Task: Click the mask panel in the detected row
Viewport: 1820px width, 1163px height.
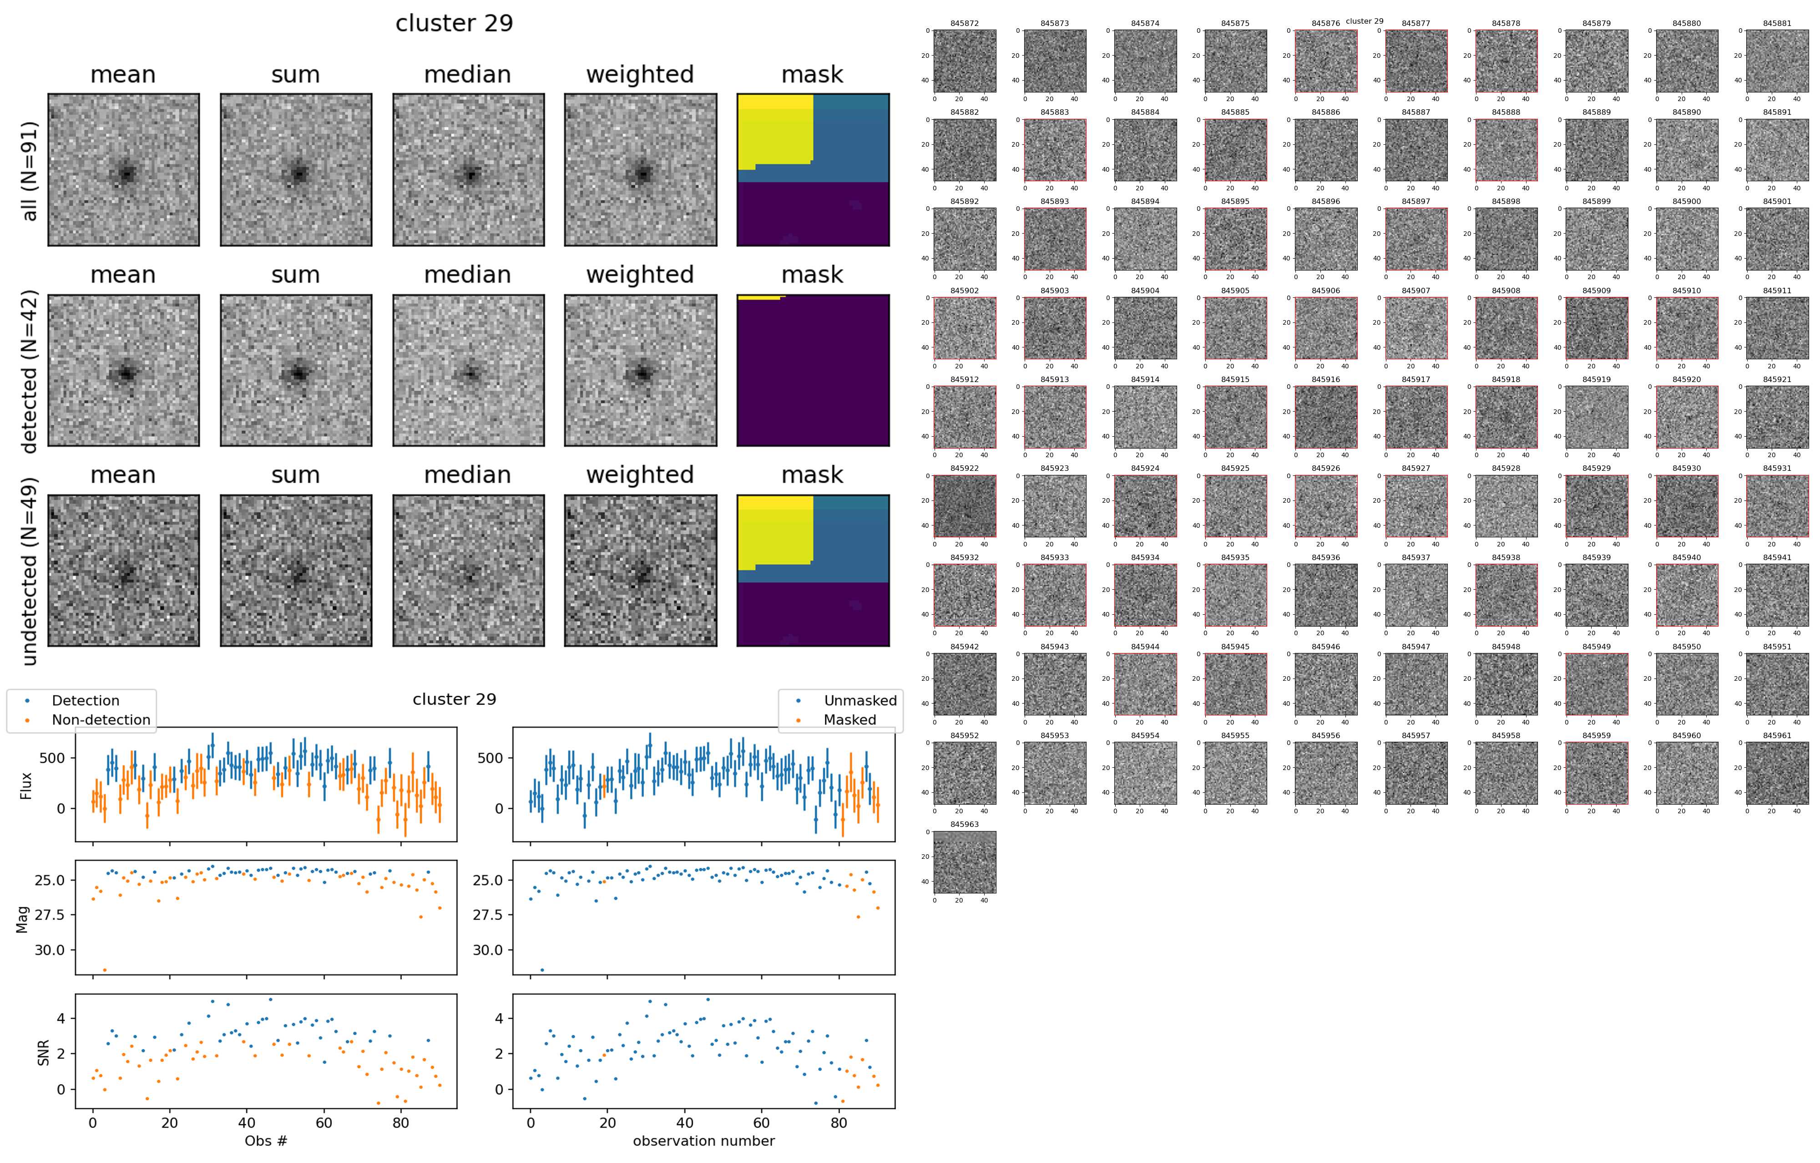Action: pyautogui.click(x=813, y=371)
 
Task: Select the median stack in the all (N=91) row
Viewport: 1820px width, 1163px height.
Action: pyautogui.click(x=468, y=170)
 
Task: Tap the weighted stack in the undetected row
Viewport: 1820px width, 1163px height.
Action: pyautogui.click(x=640, y=571)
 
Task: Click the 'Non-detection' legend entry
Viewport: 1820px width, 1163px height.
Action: pyautogui.click(x=101, y=720)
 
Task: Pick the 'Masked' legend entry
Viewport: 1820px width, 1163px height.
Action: pyautogui.click(x=849, y=720)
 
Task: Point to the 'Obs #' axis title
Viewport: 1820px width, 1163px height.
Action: pyautogui.click(x=265, y=1140)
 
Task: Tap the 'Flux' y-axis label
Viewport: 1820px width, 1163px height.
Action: pyautogui.click(x=26, y=785)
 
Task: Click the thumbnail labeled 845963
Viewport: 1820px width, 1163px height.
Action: pyautogui.click(x=965, y=862)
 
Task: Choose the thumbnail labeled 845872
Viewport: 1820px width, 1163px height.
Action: pyautogui.click(x=965, y=61)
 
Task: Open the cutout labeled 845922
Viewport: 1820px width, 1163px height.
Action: pyautogui.click(x=965, y=506)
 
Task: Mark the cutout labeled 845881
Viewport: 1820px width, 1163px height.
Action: pyautogui.click(x=1777, y=61)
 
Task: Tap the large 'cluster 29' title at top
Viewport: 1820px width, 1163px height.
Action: pyautogui.click(x=454, y=23)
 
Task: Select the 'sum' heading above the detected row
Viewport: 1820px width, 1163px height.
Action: pyautogui.click(x=296, y=275)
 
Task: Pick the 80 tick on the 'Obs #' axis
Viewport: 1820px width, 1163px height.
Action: pyautogui.click(x=400, y=1124)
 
